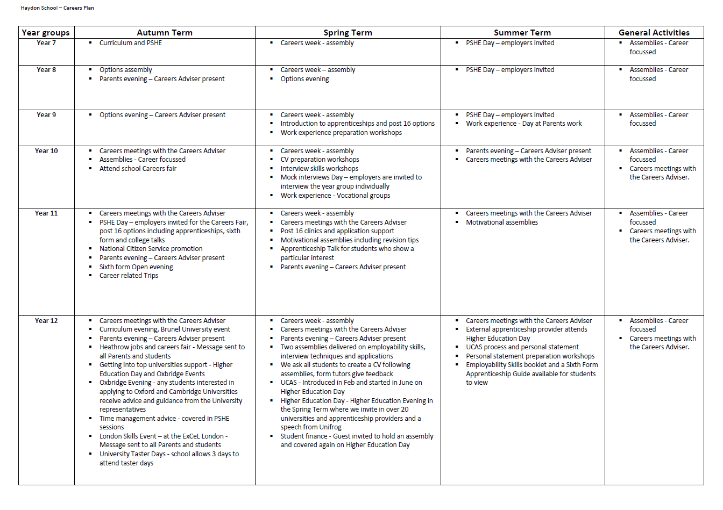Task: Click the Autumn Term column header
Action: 165,33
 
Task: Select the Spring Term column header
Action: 348,33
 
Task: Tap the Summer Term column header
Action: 522,33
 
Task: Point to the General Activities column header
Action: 654,33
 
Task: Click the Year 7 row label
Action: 46,43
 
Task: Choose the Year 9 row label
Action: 46,115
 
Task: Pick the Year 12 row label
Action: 46,321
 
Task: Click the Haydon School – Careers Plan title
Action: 58,8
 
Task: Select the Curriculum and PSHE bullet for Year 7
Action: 131,43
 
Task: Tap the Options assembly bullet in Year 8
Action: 126,70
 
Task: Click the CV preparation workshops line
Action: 320,160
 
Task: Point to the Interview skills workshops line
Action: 319,169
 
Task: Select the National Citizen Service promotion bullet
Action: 151,249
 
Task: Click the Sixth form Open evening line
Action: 136,267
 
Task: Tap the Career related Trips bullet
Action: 129,276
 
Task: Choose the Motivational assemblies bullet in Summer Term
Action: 502,222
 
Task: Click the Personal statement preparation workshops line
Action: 530,356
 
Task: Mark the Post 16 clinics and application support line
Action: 337,231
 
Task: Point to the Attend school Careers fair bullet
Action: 138,169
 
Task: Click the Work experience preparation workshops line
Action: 341,133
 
